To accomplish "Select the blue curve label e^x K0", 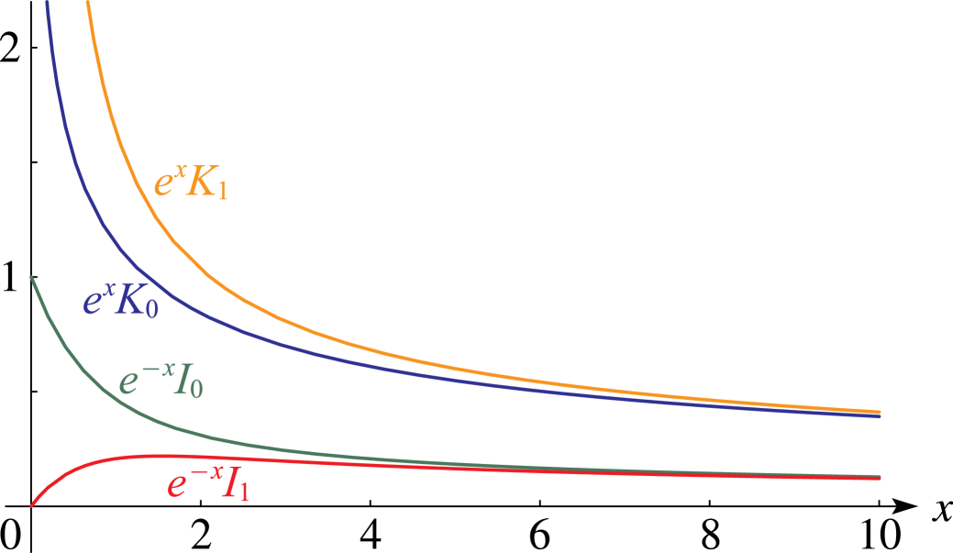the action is (121, 300).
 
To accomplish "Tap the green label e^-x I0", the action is (161, 380).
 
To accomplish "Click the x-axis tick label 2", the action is (201, 535).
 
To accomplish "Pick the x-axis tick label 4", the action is (371, 535).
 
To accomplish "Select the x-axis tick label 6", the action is (539, 535).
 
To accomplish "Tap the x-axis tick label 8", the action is (710, 535).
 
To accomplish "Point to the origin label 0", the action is (12, 535).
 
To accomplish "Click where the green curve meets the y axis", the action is (31, 277).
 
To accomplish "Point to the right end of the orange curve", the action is (880, 412).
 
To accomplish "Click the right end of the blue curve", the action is (880, 416).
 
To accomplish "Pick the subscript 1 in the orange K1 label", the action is (222, 191).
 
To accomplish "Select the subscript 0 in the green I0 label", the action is (197, 388).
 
